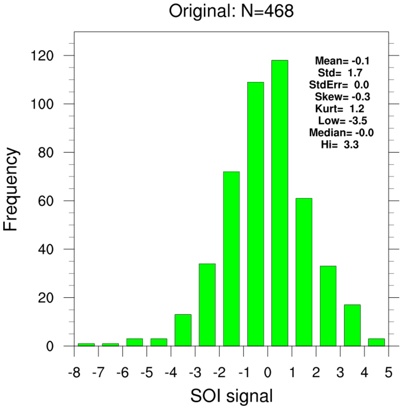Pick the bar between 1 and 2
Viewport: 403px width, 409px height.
304,272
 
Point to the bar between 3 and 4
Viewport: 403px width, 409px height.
352,325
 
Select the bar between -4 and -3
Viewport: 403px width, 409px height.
183,330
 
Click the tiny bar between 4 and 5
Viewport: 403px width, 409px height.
376,343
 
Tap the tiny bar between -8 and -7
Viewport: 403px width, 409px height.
86,345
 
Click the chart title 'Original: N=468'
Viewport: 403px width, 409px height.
231,12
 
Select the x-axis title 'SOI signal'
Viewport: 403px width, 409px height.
231,396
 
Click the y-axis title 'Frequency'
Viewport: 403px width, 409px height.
11,189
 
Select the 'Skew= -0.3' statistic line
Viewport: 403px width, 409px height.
343,97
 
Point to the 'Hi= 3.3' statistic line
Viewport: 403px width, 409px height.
340,144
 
